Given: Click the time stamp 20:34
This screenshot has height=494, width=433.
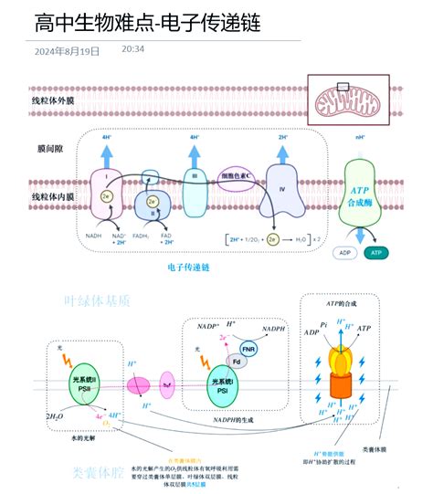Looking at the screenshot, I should pyautogui.click(x=133, y=48).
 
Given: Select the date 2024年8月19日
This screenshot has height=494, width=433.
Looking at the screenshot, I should pyautogui.click(x=67, y=51).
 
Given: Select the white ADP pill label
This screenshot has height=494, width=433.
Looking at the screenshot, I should pyautogui.click(x=345, y=251).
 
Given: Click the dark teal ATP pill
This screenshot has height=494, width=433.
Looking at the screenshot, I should pyautogui.click(x=376, y=251).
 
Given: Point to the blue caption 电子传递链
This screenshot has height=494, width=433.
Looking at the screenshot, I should pyautogui.click(x=189, y=268).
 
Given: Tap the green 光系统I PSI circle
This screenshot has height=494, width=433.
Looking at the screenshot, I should pyautogui.click(x=222, y=382).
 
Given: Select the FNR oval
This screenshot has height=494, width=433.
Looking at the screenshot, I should pyautogui.click(x=248, y=349).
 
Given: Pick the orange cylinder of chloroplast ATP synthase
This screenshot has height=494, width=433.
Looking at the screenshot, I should pyautogui.click(x=340, y=387).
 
